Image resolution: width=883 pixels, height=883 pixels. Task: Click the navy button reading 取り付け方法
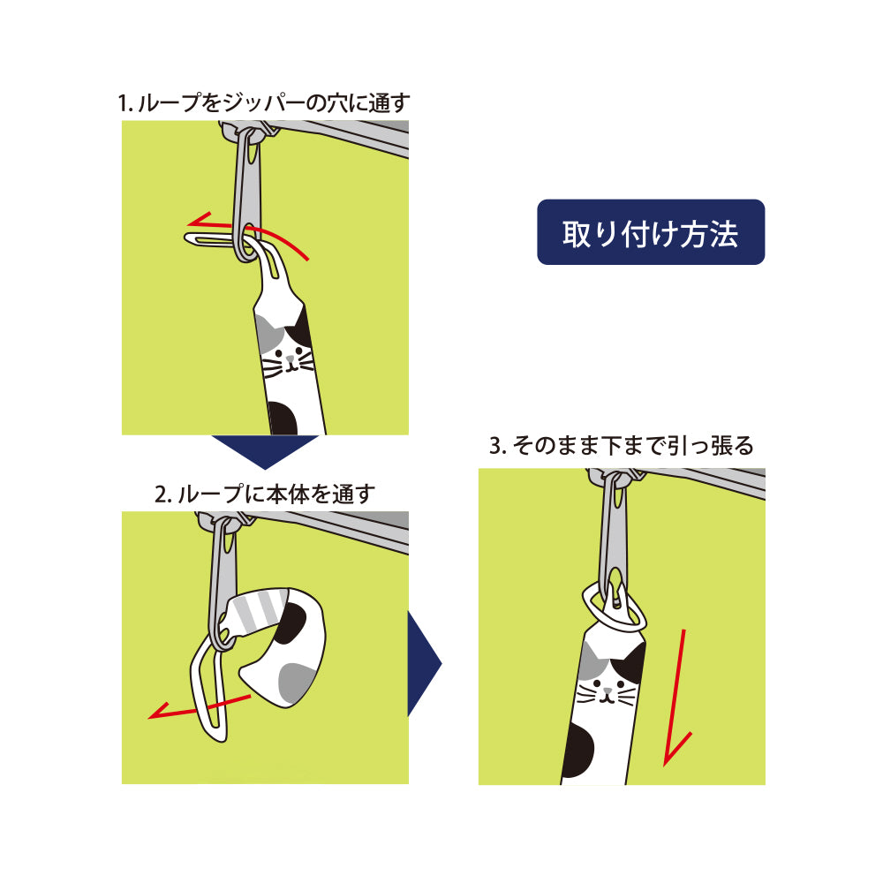pos(651,232)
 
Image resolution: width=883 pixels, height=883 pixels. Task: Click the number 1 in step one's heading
pos(123,103)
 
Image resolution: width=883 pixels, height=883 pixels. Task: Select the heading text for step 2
pos(265,494)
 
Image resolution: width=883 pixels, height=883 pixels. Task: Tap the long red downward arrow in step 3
pos(679,698)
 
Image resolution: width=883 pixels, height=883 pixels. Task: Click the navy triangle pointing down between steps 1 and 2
pos(264,450)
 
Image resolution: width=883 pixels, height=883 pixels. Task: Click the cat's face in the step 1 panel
pos(287,360)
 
